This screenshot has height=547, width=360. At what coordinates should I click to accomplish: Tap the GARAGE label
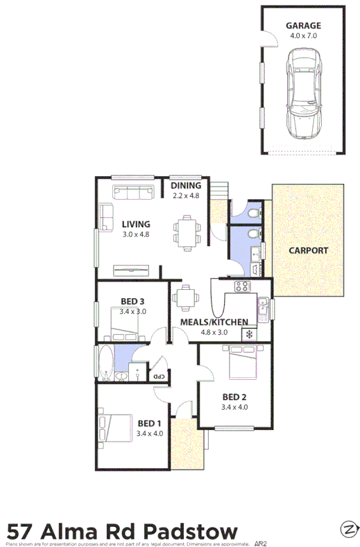tap(304, 26)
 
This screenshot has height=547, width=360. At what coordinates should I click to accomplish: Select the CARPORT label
tap(308, 251)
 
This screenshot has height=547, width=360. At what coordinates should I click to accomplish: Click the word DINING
tap(186, 185)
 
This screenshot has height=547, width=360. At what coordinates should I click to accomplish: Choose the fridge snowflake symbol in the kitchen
tap(248, 334)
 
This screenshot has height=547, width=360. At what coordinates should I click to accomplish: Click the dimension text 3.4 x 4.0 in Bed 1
tap(149, 433)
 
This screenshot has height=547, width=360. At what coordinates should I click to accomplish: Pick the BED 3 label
tap(132, 302)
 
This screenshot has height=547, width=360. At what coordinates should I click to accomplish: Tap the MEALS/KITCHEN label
tap(214, 322)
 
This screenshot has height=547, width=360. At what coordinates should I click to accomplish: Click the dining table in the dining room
tap(186, 232)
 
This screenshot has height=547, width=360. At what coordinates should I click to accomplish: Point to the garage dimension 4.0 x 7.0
tap(304, 35)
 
